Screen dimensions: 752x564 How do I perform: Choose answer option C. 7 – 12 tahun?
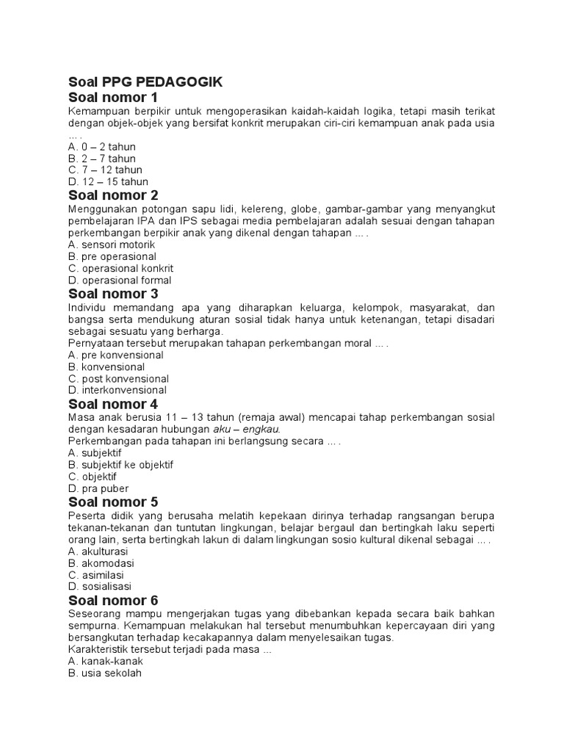[105, 170]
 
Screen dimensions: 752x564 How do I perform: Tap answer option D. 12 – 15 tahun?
[108, 181]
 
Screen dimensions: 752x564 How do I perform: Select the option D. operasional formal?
[119, 280]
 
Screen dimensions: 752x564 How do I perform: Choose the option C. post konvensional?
[118, 378]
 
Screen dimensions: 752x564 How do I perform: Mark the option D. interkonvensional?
[117, 390]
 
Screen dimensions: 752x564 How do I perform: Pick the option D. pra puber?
[98, 488]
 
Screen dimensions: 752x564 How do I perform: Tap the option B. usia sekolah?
[104, 673]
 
